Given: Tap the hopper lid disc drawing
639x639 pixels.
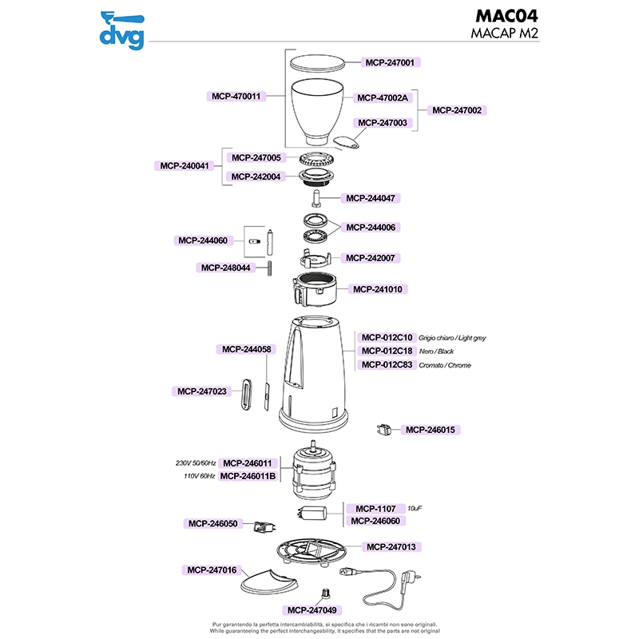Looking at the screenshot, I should pos(317,62).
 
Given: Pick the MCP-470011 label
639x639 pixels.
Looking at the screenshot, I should pos(236,96).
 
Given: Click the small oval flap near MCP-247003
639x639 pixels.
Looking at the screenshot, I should pos(347,142).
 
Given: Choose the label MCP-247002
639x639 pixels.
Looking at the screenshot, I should pos(459,110).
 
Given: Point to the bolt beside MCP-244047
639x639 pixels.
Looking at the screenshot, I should pos(316,196).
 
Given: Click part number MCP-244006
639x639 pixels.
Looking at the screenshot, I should pos(372,227).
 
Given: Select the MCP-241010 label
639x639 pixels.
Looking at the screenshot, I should pos(378,289).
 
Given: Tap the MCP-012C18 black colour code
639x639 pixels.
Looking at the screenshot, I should pos(387,351).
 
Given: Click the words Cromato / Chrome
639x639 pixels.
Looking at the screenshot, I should pos(444,365).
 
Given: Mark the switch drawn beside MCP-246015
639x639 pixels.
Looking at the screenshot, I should pos(382,430).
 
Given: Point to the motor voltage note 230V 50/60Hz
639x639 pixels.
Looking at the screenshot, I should pos(196,463).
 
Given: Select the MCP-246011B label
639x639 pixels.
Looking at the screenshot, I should pos(248,476).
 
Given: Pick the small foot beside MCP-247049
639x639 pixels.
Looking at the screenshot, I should pos(326,592).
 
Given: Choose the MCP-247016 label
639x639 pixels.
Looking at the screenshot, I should pos(212,570).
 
